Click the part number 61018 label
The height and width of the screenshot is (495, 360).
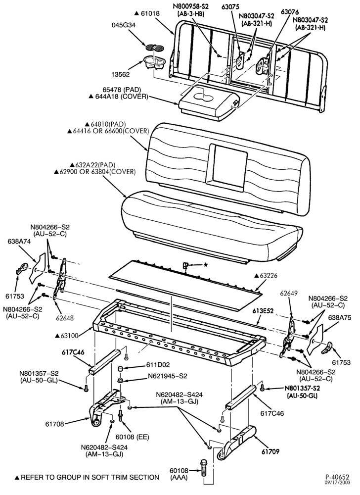[x=151, y=13]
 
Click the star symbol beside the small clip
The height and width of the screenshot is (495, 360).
[x=206, y=264]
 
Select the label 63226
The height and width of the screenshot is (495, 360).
[x=268, y=276]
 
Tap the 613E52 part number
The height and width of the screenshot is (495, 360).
[x=263, y=311]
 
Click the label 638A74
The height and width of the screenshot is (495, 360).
[x=19, y=242]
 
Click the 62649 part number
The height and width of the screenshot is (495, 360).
[x=288, y=293]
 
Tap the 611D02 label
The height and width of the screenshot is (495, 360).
[x=158, y=365]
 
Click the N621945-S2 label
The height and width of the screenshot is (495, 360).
[x=168, y=376]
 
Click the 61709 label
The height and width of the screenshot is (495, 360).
[x=270, y=451]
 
